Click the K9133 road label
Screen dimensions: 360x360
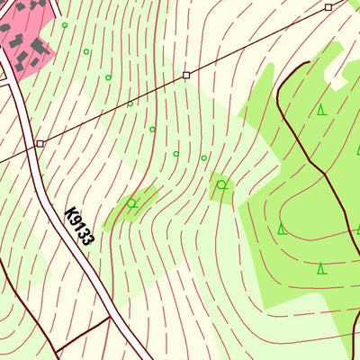point(79,226)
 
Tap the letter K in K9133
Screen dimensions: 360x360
point(70,213)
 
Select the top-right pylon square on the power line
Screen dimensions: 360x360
point(328,7)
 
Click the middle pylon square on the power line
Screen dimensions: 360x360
point(186,75)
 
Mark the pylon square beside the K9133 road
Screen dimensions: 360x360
point(40,143)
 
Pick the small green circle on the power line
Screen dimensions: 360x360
point(130,103)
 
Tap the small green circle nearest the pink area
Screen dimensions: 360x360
point(65,25)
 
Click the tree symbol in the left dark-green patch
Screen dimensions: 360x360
point(132,203)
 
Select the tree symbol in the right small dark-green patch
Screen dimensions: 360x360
point(221,185)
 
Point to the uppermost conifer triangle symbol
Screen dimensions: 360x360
point(321,110)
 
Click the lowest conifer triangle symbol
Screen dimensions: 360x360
point(321,267)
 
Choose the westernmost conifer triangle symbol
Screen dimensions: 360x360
point(282,229)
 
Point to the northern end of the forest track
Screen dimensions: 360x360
point(306,63)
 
